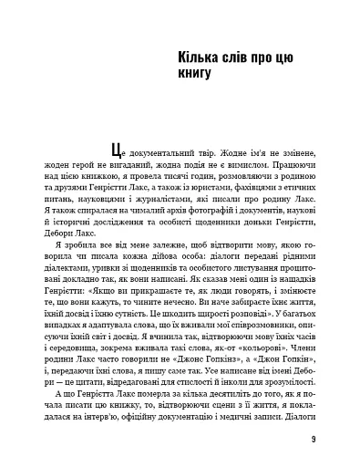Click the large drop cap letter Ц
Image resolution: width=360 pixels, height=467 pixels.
[x=114, y=149]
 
